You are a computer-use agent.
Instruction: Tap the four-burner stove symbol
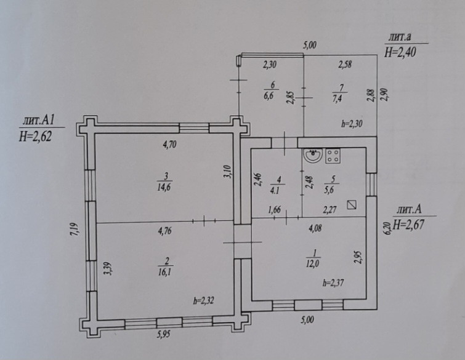333,156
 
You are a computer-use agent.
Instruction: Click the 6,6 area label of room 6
269,96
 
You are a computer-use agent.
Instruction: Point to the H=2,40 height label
400,52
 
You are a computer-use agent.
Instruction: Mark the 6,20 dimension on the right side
387,230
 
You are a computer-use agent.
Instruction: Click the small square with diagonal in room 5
352,206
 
